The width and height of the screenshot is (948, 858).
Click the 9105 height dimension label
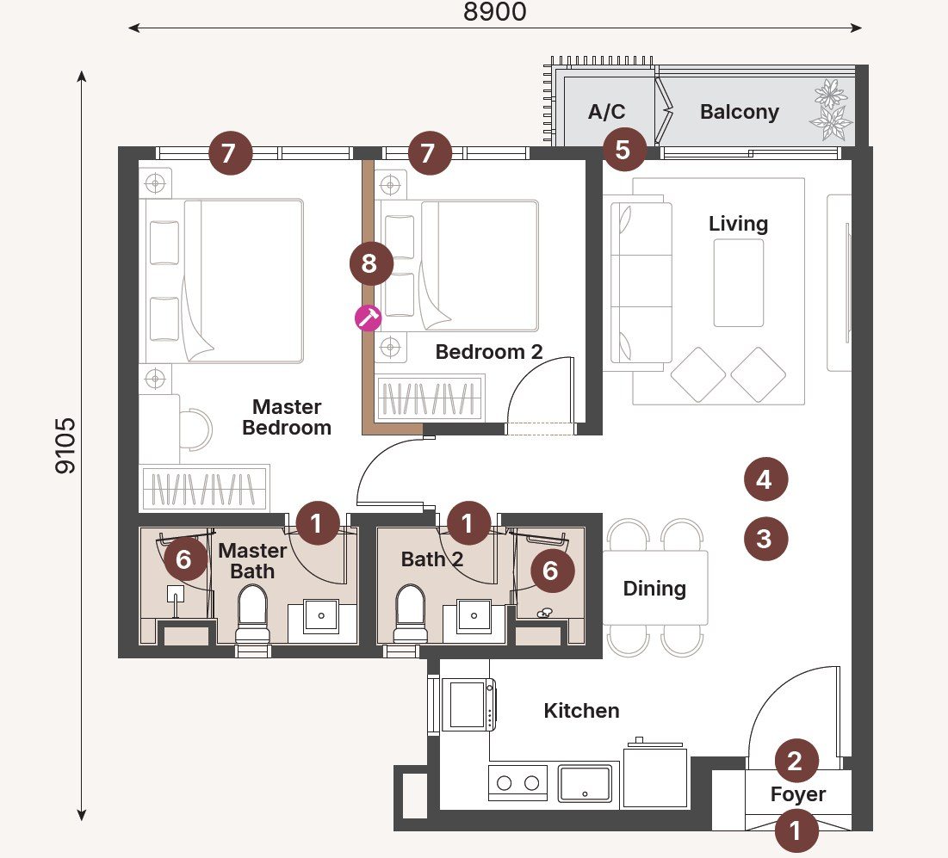[65, 445]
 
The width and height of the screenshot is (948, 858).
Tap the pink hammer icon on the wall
[369, 318]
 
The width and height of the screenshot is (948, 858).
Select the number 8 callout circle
[370, 263]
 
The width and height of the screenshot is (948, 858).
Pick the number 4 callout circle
[764, 479]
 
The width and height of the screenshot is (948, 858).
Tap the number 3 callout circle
[764, 539]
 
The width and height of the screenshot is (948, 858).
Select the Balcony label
[739, 112]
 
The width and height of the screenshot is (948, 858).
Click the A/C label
[606, 112]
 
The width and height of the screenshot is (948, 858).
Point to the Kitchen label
[581, 711]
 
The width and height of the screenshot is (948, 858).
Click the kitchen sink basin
[585, 782]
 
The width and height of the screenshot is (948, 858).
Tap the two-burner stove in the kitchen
[518, 782]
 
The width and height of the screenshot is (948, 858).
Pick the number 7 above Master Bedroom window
[228, 154]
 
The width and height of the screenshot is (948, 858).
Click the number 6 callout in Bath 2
[551, 571]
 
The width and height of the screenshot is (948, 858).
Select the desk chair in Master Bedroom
[196, 429]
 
